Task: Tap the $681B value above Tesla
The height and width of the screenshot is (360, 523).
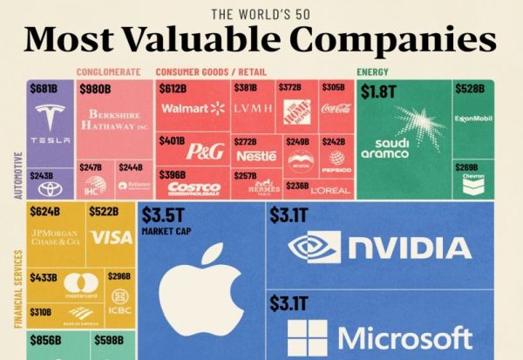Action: pyautogui.click(x=43, y=90)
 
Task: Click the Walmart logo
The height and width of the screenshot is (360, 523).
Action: pyautogui.click(x=192, y=108)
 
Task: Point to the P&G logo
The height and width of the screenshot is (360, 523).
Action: pyautogui.click(x=205, y=151)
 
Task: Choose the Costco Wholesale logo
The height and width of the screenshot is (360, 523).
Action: pyautogui.click(x=193, y=187)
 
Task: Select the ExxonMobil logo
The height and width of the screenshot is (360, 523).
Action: pyautogui.click(x=474, y=119)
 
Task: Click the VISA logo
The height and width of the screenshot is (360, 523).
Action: pyautogui.click(x=112, y=237)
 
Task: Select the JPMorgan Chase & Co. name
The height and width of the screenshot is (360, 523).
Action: pyautogui.click(x=54, y=237)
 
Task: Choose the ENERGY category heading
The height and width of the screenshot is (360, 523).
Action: pyautogui.click(x=372, y=71)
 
